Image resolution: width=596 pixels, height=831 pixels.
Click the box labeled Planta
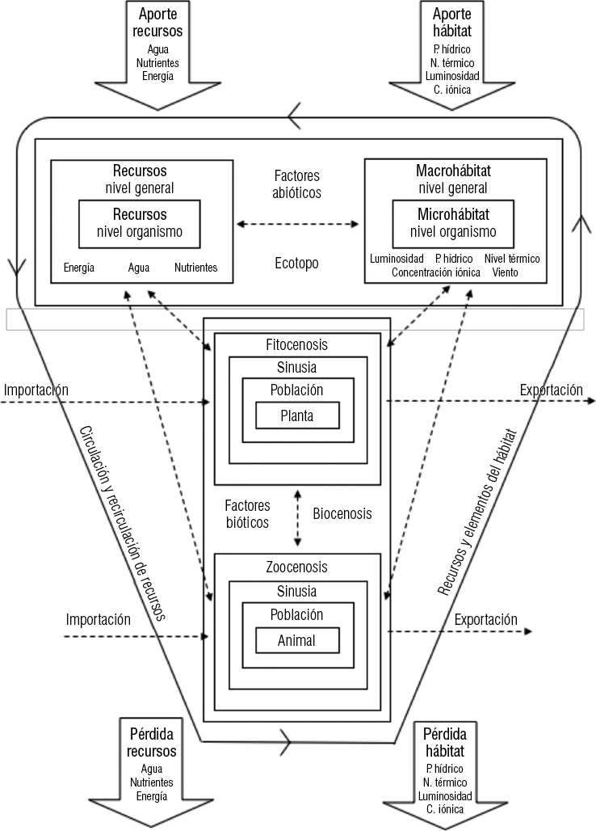296,415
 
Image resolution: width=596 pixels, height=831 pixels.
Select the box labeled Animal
296,641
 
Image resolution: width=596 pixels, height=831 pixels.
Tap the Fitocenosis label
296,344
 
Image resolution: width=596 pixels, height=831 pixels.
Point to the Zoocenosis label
296,567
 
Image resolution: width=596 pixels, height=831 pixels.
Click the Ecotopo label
296,264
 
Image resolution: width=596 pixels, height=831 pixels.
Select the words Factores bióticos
249,514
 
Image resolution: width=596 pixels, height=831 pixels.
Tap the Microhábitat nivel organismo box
455,224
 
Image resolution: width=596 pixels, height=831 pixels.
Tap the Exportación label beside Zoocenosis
485,620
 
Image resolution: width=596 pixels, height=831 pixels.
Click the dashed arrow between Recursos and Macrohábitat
296,222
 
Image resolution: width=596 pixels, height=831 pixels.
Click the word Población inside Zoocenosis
296,614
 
